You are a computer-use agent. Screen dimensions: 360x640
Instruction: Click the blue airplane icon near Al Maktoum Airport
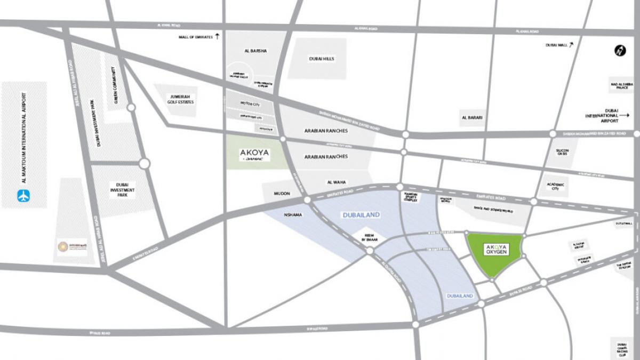(23, 196)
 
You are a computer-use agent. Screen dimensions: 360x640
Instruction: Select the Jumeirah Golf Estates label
(179, 99)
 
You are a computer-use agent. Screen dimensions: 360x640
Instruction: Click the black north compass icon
(620, 51)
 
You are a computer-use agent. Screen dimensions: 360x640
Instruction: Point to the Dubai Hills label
(322, 59)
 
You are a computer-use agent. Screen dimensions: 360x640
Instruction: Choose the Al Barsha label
(255, 51)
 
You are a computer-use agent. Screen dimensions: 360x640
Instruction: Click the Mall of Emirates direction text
(196, 37)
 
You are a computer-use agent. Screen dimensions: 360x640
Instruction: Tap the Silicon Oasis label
(563, 153)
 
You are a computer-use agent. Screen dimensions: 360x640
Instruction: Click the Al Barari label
(473, 117)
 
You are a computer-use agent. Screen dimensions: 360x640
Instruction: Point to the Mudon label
(282, 194)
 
